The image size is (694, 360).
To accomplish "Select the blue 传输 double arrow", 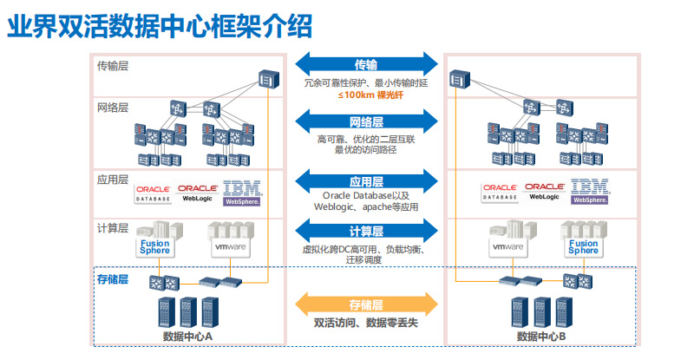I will point(366,65).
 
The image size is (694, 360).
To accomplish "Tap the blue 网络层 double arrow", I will point(366,121).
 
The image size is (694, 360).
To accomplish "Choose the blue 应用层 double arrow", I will point(366,182).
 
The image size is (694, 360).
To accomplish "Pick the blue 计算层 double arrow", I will point(366,231).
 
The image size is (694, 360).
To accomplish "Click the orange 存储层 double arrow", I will point(366,304).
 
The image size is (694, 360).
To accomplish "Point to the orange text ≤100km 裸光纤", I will point(365,95).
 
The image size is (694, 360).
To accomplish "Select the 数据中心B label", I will point(541,337).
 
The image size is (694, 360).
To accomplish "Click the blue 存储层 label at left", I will point(113,279).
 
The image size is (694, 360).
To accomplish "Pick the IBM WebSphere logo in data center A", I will point(242,193).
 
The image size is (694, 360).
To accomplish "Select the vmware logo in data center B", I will point(507,246).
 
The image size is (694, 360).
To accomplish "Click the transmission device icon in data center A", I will point(267,81).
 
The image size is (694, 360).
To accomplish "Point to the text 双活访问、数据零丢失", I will point(366,323).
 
